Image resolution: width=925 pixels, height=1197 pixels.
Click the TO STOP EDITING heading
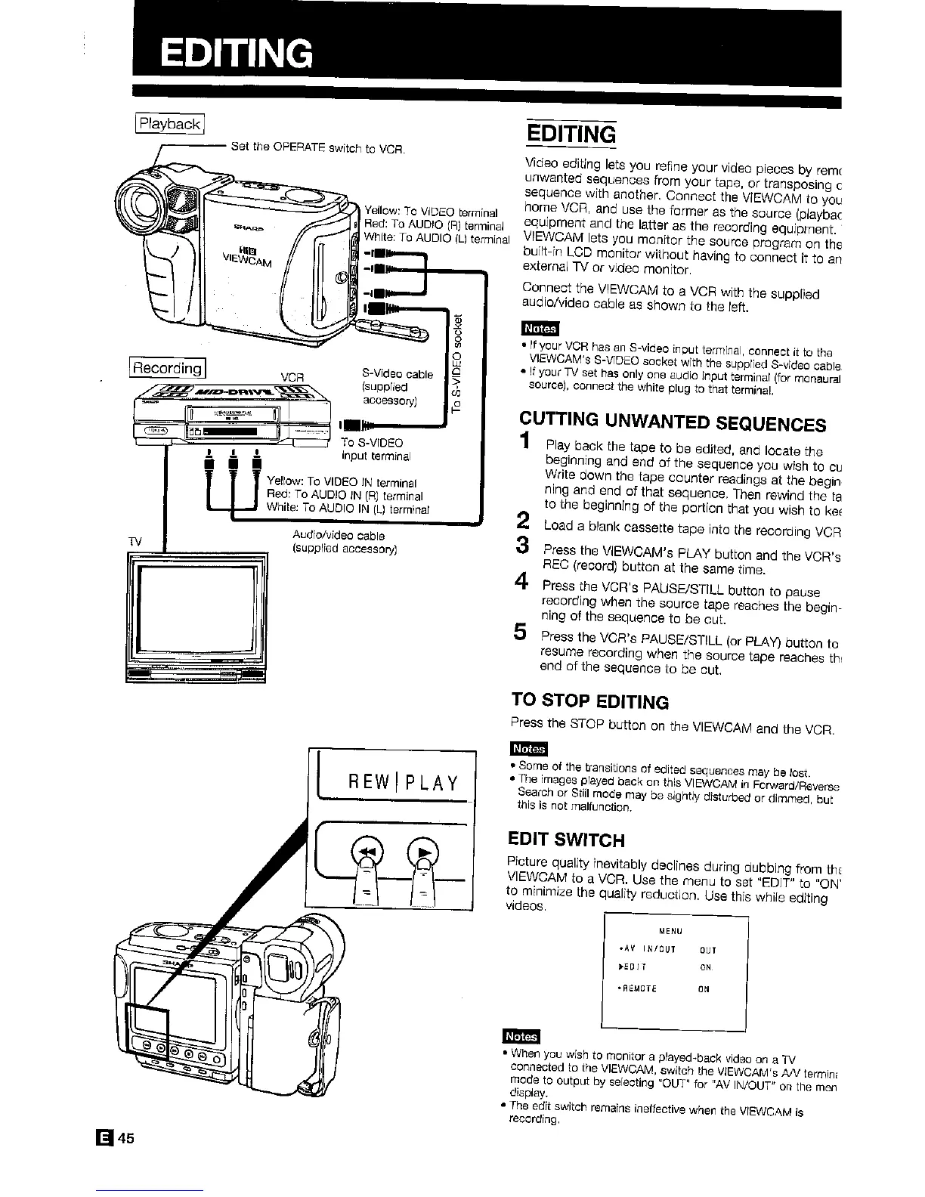[589, 702]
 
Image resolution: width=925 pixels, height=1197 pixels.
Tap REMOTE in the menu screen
[639, 988]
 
